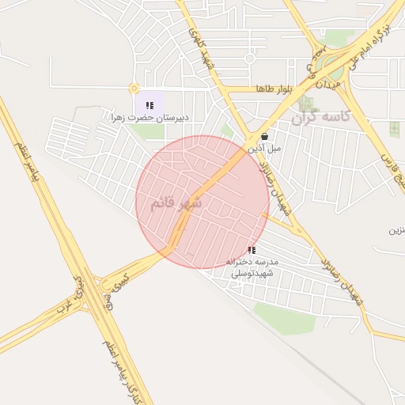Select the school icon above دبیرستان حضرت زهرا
(150, 104)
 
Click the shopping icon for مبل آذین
(264, 136)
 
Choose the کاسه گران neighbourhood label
(320, 118)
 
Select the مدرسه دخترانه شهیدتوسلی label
(251, 267)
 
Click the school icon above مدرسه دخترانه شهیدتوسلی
(252, 249)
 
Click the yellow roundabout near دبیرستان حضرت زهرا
(134, 89)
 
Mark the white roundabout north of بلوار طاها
(250, 59)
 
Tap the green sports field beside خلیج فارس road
(394, 129)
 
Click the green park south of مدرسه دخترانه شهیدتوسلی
(285, 316)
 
